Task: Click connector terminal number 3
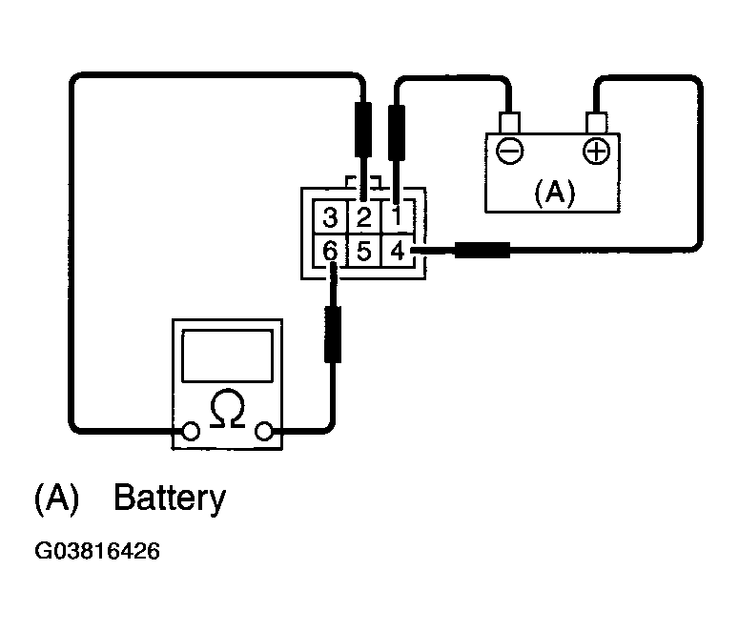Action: click(330, 217)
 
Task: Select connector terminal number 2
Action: click(364, 217)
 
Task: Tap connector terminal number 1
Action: click(397, 216)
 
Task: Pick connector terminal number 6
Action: click(330, 251)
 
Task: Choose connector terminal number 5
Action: click(364, 251)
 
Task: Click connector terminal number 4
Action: click(398, 251)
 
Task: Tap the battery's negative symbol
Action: click(510, 152)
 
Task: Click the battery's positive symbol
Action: click(596, 152)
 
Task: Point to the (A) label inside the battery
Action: click(555, 193)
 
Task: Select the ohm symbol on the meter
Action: click(228, 409)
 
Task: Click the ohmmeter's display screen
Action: click(227, 356)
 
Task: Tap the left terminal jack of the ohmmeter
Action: click(191, 431)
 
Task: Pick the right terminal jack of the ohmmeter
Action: click(264, 431)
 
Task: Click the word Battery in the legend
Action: click(170, 499)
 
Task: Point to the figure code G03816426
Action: click(97, 551)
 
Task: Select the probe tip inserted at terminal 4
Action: click(433, 251)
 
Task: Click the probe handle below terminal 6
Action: click(333, 335)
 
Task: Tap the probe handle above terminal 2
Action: click(363, 130)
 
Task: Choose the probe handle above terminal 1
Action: click(397, 132)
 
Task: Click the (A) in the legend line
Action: click(56, 499)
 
